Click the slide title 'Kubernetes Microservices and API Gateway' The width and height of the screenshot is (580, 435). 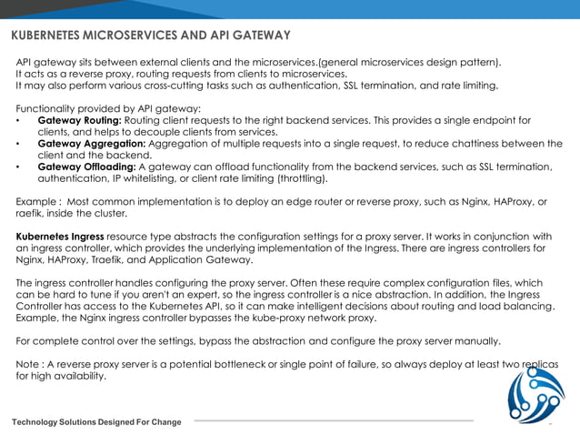[x=150, y=35]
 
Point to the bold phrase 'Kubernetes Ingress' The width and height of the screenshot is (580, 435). [x=60, y=237]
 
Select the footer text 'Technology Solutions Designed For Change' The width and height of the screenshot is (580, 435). [x=95, y=422]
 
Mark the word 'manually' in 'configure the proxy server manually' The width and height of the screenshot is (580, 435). [x=475, y=341]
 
